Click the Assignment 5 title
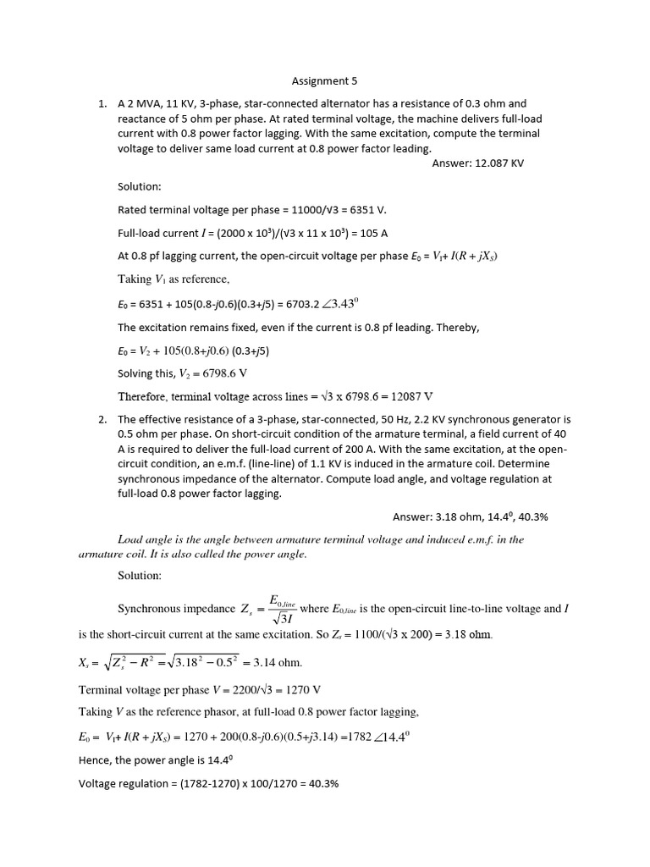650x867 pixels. tap(324, 81)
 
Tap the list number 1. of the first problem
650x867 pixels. tap(102, 104)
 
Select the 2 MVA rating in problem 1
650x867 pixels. tap(144, 104)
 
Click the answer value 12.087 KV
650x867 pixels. tap(491, 163)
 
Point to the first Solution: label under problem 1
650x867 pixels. tap(139, 185)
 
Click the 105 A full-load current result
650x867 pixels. tap(372, 233)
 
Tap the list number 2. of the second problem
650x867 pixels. tap(102, 419)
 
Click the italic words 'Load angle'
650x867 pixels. tap(143, 538)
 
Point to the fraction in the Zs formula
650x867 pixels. tap(278, 609)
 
